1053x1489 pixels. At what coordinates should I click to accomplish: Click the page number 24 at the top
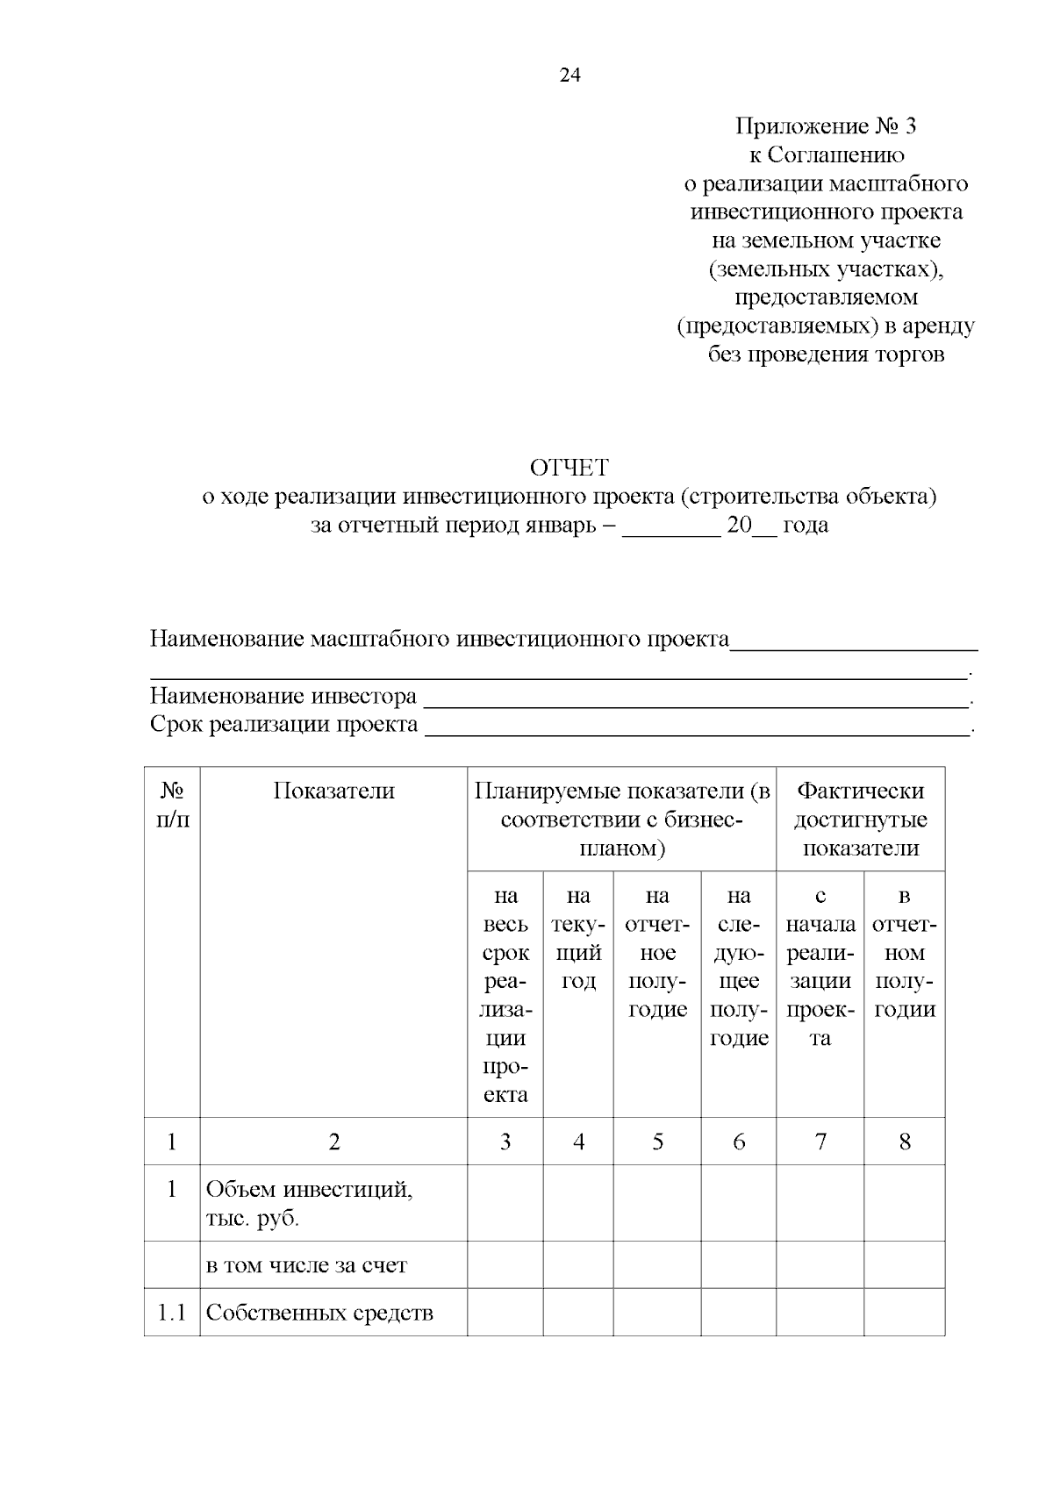[569, 75]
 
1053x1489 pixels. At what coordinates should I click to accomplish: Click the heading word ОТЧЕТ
[569, 468]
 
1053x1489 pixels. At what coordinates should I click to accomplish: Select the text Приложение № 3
[825, 126]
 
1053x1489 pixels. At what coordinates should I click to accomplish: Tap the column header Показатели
[333, 791]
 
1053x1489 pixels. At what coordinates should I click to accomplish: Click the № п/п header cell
[172, 805]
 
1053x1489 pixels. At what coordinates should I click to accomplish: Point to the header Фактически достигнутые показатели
[860, 820]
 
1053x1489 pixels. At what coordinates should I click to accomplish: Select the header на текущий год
[578, 938]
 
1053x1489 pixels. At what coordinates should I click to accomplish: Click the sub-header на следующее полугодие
[739, 966]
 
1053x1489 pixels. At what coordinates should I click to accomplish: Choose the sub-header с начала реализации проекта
[820, 966]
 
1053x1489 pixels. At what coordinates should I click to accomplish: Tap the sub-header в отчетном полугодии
[905, 952]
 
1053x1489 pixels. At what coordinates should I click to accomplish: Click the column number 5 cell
[657, 1142]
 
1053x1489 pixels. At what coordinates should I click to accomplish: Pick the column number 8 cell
[905, 1142]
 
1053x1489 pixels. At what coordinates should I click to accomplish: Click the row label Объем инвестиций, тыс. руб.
[309, 1203]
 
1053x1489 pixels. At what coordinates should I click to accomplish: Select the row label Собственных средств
[319, 1313]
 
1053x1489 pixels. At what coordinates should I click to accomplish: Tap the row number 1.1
[172, 1313]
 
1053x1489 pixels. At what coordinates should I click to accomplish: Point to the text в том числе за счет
[306, 1265]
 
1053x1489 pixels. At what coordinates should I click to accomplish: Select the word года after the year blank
[806, 526]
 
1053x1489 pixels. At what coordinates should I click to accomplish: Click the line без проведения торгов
[826, 354]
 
